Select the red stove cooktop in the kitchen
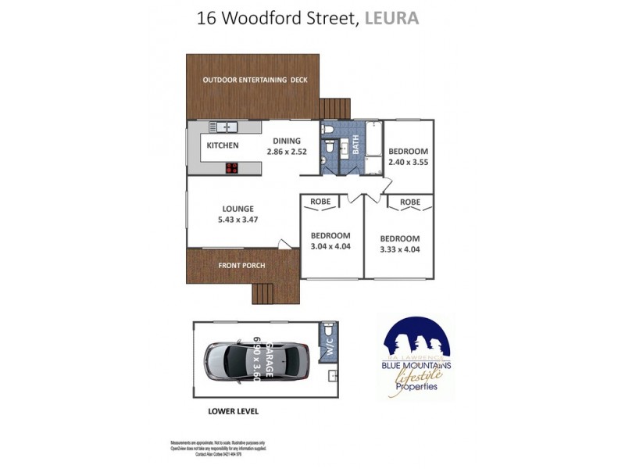232,166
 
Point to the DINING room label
286,141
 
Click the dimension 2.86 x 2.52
286,152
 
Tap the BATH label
355,145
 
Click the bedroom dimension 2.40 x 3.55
409,163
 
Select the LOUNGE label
238,209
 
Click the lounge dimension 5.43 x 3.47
238,220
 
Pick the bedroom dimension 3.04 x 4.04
330,247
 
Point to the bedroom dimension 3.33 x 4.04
399,250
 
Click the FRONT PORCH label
242,266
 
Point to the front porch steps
264,293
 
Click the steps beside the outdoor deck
336,108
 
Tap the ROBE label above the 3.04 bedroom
321,202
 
